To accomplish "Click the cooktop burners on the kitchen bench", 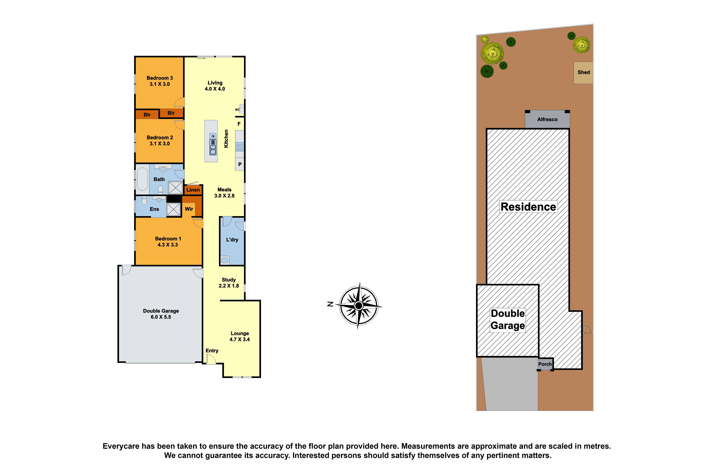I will click(x=240, y=147).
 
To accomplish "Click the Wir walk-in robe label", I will click(x=189, y=209).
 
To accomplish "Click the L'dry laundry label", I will click(x=232, y=240).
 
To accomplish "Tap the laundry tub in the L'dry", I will click(x=225, y=260).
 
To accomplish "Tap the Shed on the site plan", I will click(x=583, y=73).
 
